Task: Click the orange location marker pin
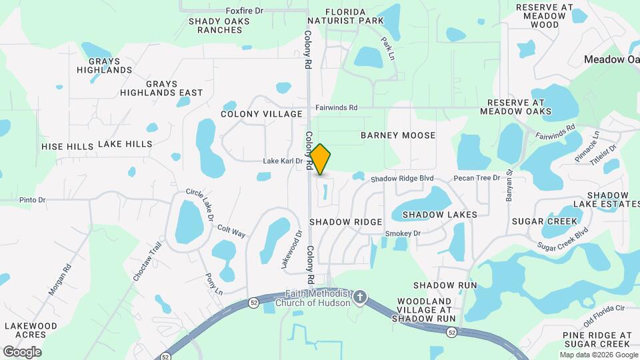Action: click(321, 159)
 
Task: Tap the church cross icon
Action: click(360, 296)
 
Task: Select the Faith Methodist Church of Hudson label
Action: click(317, 299)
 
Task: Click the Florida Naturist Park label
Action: click(355, 17)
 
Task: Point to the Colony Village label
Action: click(261, 115)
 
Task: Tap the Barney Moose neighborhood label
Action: click(398, 135)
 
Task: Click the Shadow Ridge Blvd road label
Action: click(402, 179)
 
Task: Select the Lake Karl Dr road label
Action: click(283, 161)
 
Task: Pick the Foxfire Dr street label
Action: click(245, 11)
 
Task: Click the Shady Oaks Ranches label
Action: click(219, 25)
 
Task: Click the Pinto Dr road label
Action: click(32, 199)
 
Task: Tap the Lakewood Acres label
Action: click(31, 331)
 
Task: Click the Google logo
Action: click(22, 352)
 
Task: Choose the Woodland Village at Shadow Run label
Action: click(425, 310)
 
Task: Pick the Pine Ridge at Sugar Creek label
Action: click(597, 339)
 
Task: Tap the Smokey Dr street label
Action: click(403, 233)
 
